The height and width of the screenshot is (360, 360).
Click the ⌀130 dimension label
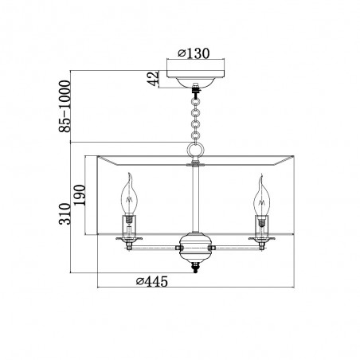coord(194,53)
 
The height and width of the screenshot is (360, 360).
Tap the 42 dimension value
coord(153,79)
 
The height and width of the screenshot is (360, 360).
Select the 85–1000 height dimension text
coord(65,107)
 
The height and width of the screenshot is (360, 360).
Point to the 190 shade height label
coord(80,195)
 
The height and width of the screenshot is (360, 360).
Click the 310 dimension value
coord(65,214)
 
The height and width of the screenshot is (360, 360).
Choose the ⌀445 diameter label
coord(152,281)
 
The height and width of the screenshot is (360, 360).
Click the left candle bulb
coord(129,195)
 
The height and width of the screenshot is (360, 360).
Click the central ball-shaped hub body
coord(196,246)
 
